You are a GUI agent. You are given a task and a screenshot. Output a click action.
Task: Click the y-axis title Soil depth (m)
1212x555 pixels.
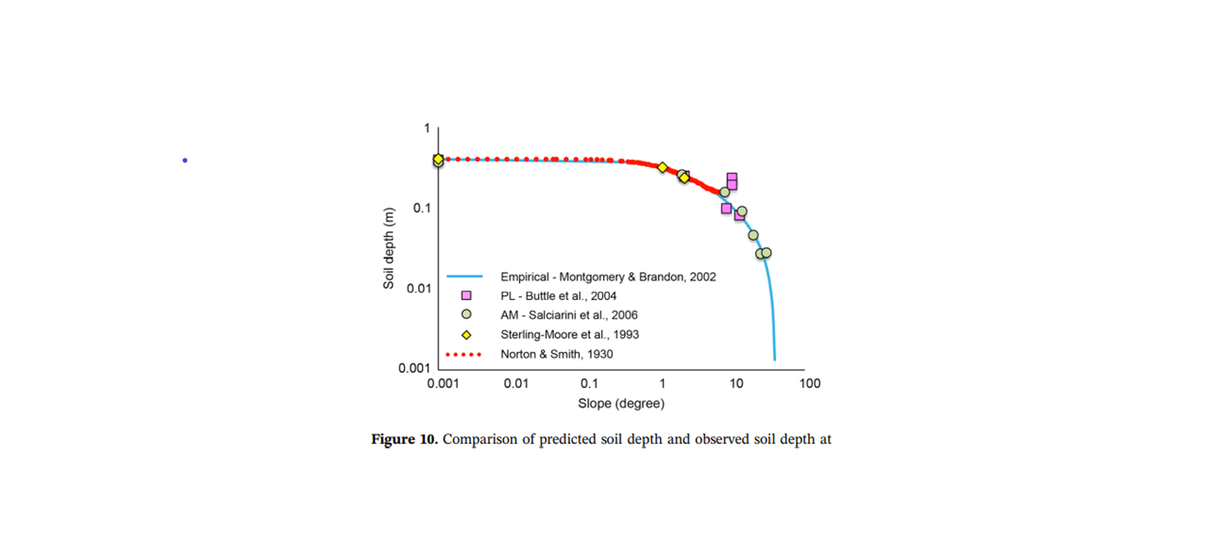pos(389,248)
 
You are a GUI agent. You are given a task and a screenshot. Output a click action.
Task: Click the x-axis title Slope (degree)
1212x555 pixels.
pos(621,404)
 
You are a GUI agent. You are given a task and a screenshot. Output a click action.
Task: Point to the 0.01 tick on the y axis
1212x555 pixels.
pos(418,288)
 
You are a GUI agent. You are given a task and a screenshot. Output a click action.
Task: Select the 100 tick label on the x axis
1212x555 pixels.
pos(809,383)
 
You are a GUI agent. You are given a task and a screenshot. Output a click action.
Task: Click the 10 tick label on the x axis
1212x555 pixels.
pos(735,383)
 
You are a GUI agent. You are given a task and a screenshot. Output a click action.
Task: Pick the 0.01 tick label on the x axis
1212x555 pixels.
pos(515,383)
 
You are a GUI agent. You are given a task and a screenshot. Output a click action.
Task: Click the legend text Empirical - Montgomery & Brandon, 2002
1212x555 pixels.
pos(608,277)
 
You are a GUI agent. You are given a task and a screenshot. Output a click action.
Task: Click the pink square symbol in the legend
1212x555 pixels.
pos(465,296)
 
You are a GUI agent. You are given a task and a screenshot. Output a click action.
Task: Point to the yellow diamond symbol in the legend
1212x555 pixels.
pos(465,335)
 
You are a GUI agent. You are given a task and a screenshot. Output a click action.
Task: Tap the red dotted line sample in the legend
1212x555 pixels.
pos(463,355)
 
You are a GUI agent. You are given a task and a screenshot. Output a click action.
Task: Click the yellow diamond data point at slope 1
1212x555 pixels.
pos(663,167)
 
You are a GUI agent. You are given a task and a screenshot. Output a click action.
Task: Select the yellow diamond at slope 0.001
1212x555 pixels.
pos(438,160)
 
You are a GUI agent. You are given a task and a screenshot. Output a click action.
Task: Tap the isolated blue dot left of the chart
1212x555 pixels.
pos(185,160)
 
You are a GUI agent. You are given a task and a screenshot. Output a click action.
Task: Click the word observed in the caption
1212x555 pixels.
pos(722,440)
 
